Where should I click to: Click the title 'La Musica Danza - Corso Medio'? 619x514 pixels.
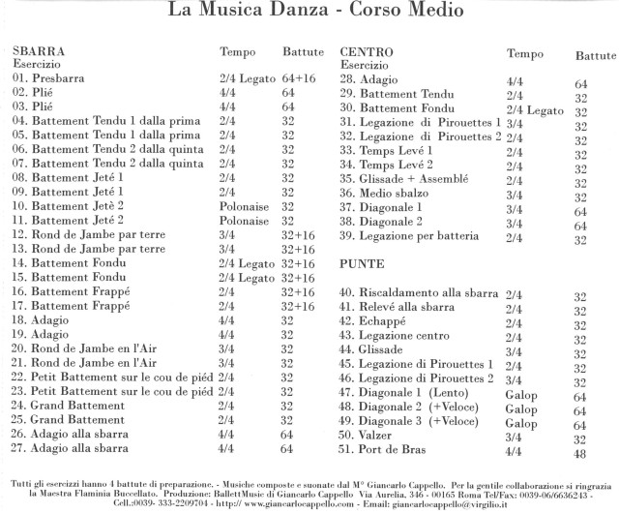pos(309,13)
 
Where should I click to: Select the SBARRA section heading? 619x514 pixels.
pos(39,48)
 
